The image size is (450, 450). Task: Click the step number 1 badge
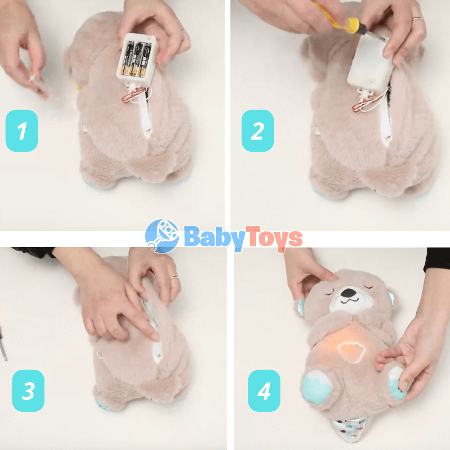click(22, 130)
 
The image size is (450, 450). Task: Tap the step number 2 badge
click(257, 130)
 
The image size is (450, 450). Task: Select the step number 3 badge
click(28, 390)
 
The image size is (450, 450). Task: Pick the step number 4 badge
click(264, 390)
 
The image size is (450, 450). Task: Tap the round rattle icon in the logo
click(162, 236)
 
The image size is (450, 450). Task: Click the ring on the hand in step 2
click(418, 19)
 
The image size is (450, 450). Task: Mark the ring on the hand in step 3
click(174, 277)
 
